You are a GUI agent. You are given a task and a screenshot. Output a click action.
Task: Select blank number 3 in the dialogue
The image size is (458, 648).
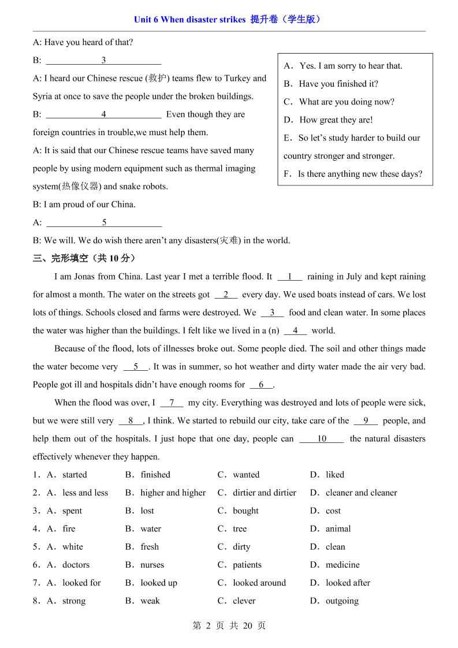[x=103, y=60]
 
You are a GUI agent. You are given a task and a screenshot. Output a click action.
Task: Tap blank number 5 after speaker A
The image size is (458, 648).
[x=104, y=222]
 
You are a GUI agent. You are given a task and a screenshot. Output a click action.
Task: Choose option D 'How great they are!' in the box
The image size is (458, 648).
[x=336, y=120]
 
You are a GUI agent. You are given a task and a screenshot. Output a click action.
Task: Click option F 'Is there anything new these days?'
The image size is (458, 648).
[x=360, y=174]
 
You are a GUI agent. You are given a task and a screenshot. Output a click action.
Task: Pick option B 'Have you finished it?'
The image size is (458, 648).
[x=338, y=84]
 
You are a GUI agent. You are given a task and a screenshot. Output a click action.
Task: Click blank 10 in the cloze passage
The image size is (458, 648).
[x=322, y=439]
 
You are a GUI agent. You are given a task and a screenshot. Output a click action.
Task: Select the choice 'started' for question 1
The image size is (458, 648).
[x=75, y=475]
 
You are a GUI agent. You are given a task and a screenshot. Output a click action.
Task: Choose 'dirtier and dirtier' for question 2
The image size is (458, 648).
[x=264, y=493]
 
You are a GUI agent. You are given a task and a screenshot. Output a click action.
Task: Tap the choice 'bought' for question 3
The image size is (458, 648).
[x=245, y=511]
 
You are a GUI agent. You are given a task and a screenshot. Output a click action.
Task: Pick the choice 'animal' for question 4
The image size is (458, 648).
[x=338, y=528]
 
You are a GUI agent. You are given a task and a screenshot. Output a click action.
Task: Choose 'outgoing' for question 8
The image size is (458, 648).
[x=342, y=601]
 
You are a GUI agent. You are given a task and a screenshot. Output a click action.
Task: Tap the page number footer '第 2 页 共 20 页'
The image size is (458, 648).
[x=229, y=625]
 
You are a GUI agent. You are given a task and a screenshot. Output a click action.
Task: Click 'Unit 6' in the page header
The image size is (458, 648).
[x=146, y=20]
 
